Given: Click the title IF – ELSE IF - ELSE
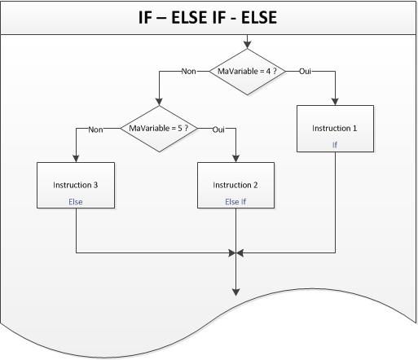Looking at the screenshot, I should click(209, 17).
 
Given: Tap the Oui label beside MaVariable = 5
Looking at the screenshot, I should click(218, 128).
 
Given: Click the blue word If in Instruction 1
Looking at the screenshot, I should click(334, 143).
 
